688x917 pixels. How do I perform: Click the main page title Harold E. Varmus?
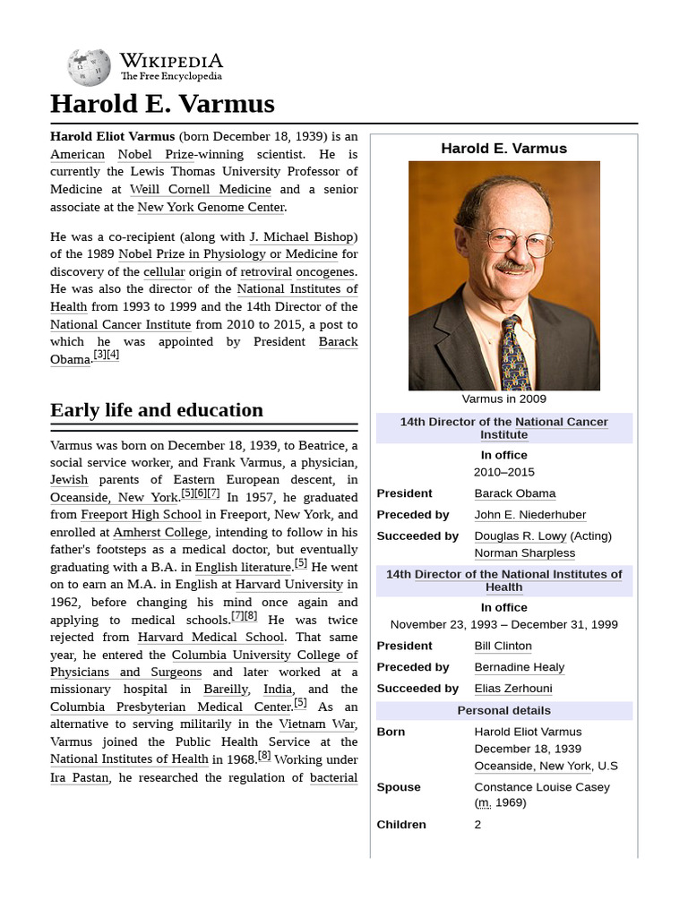[x=162, y=105]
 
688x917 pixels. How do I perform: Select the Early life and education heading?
[x=157, y=410]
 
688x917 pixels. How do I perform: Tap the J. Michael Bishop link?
[x=303, y=236]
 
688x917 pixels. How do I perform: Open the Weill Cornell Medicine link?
[x=200, y=189]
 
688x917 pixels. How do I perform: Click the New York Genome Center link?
[x=211, y=207]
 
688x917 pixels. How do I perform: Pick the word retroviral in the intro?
[x=266, y=271]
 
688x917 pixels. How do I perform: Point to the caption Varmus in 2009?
[x=503, y=399]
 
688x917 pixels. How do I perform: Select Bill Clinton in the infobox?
[x=503, y=646]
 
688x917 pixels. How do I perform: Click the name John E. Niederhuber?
[x=529, y=515]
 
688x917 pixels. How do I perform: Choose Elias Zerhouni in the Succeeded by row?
[x=512, y=689]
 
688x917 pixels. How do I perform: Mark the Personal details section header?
[x=503, y=710]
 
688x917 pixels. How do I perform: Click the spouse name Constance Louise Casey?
[x=541, y=787]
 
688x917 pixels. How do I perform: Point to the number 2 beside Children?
[x=477, y=825]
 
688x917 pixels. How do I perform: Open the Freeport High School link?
[x=141, y=515]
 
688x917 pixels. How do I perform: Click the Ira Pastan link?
[x=80, y=777]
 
